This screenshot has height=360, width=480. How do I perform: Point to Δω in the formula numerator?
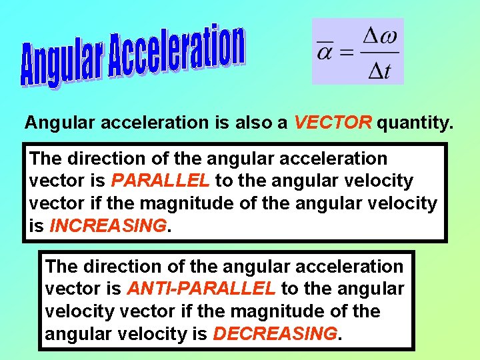click(379, 37)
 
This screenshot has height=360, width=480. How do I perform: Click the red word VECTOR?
click(333, 123)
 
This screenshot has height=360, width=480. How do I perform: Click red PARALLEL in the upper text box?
click(160, 181)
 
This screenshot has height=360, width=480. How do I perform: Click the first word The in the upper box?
click(45, 159)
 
